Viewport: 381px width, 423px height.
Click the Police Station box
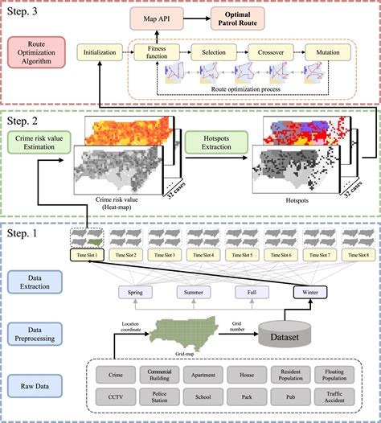click(159, 397)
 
